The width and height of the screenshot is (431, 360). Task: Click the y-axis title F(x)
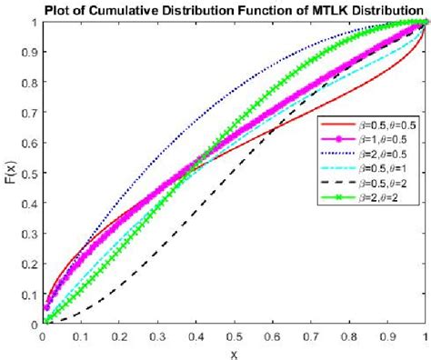click(10, 173)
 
